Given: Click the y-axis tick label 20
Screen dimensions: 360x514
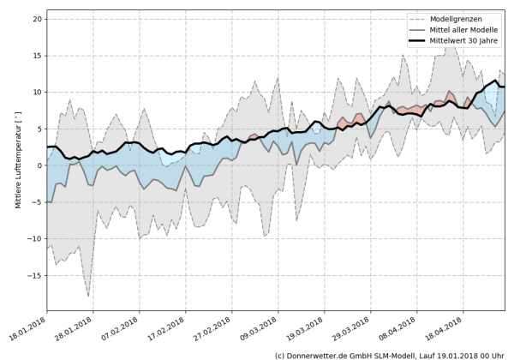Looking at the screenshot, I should [x=37, y=18].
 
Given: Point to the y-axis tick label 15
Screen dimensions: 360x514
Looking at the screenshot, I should [x=37, y=55].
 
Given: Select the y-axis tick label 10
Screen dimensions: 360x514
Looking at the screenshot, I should [x=37, y=92].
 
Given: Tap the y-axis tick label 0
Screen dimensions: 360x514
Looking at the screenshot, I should [x=39, y=165].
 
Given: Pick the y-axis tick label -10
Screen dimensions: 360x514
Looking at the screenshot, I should [x=35, y=239].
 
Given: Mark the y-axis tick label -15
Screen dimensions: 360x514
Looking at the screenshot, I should [x=35, y=276].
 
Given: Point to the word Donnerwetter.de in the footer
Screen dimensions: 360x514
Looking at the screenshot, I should [x=324, y=354].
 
